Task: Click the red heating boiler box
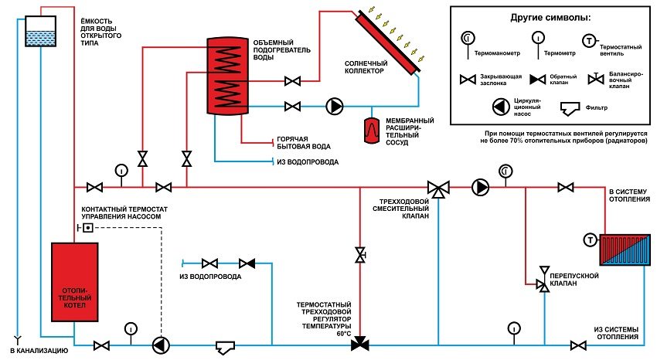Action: [74, 281]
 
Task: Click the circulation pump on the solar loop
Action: [336, 105]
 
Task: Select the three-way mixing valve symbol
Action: [438, 188]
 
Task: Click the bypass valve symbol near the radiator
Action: [544, 285]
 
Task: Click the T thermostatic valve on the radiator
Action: [590, 240]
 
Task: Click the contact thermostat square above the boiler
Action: [87, 228]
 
